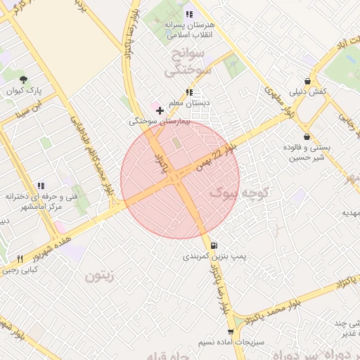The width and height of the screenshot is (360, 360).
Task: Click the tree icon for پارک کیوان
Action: (24, 79)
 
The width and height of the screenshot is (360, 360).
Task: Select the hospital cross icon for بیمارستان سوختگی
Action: (160, 110)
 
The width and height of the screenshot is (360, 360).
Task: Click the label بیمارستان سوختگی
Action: (153, 121)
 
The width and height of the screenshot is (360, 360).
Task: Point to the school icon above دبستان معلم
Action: (188, 92)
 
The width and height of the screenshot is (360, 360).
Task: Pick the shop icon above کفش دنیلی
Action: (307, 81)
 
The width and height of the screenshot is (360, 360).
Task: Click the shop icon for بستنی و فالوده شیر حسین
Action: (307, 136)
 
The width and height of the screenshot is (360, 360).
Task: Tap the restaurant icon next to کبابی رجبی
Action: (20, 259)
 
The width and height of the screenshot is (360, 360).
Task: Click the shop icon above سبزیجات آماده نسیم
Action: (231, 331)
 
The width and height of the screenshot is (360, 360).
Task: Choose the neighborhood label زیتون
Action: (98, 276)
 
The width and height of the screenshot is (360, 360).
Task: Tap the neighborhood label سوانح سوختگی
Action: (184, 62)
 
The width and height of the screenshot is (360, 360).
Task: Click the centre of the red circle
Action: (180, 179)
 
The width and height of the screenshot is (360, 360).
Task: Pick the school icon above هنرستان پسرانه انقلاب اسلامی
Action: (188, 14)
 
